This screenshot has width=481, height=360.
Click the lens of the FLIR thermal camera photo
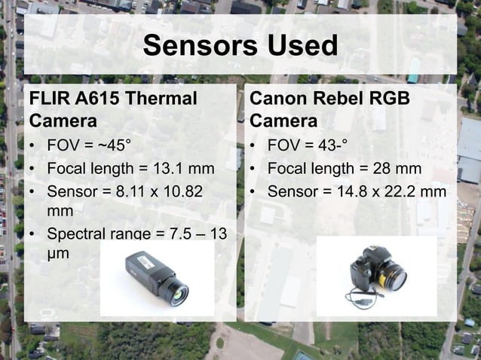click(179, 293)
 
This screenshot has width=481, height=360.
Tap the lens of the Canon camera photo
click(394, 279)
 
